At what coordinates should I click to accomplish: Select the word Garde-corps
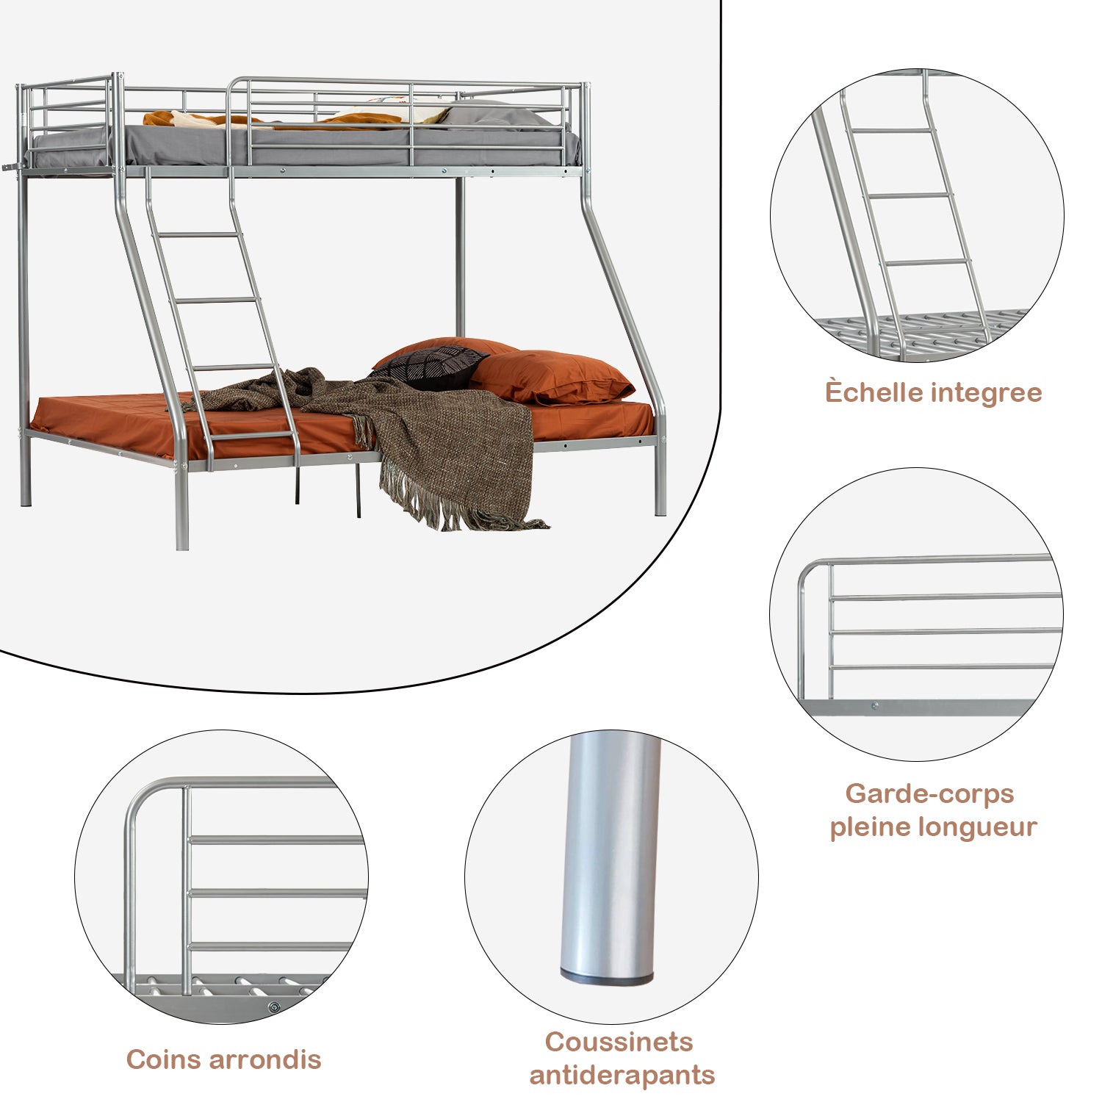point(929,793)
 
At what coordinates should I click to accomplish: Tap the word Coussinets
point(619,1042)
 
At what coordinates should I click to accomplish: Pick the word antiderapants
point(622,1075)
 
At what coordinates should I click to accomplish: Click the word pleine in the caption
point(868,826)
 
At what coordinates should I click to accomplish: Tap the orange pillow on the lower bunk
point(551,377)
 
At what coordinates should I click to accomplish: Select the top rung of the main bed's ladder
point(198,234)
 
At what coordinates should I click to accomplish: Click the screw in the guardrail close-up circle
point(874,707)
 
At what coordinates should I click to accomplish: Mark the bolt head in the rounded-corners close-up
point(274,1007)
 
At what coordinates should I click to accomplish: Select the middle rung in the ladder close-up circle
point(911,196)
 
